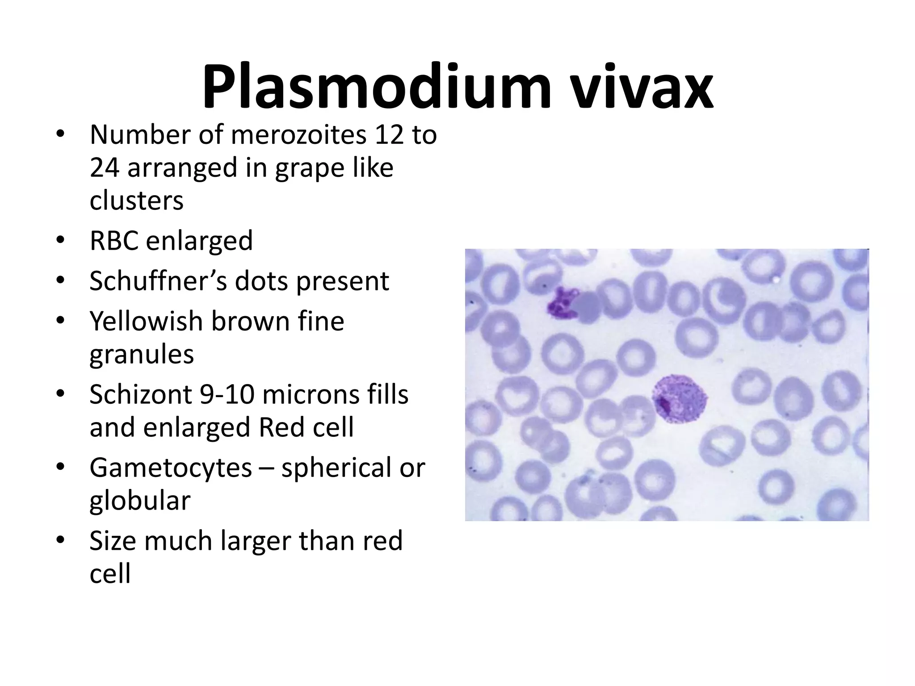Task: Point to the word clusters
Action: (x=136, y=201)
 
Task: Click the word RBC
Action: (x=115, y=241)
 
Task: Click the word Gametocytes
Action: (x=171, y=468)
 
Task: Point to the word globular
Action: (x=140, y=501)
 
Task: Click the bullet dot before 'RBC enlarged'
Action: (x=60, y=241)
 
